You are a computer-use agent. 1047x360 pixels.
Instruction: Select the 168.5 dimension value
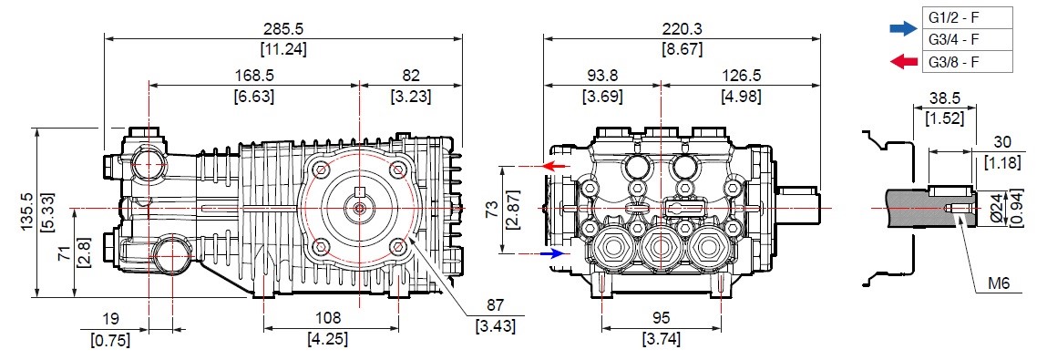tap(254, 77)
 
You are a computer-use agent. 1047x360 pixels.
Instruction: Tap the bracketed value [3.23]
tap(410, 97)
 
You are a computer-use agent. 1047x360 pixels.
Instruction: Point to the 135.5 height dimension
tap(26, 211)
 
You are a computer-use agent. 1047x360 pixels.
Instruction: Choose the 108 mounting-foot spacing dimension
tap(328, 318)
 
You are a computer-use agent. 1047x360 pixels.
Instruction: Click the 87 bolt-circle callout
tap(496, 305)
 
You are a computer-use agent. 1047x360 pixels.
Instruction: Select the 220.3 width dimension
tap(682, 29)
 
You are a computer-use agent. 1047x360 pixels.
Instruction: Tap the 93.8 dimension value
tap(602, 77)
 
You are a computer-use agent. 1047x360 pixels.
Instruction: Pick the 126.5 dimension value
tap(741, 77)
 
